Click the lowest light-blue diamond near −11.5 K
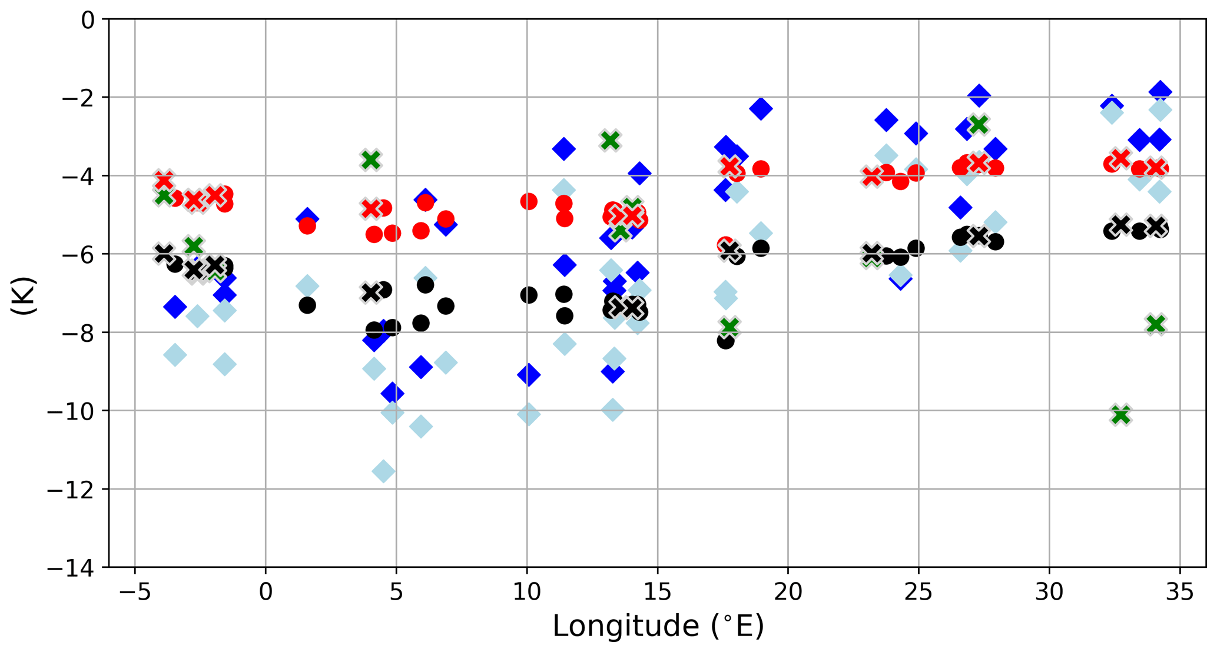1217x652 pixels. pyautogui.click(x=384, y=471)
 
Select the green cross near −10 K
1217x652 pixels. pyautogui.click(x=1121, y=415)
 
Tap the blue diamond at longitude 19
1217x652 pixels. pyautogui.click(x=761, y=108)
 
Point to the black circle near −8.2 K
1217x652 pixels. pyautogui.click(x=725, y=340)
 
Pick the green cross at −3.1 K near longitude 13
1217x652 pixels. pyautogui.click(x=611, y=140)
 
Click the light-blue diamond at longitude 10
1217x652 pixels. pyautogui.click(x=528, y=414)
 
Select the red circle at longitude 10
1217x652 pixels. pyautogui.click(x=529, y=202)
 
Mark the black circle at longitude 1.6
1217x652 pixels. pyautogui.click(x=307, y=305)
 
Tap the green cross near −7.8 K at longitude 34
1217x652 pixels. pyautogui.click(x=1156, y=324)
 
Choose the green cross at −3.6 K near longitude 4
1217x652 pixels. pyautogui.click(x=371, y=159)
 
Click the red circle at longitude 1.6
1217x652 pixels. pyautogui.click(x=307, y=225)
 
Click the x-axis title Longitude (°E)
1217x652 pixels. pyautogui.click(x=658, y=626)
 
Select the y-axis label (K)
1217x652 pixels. pyautogui.click(x=24, y=295)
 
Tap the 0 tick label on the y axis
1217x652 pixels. pyautogui.click(x=88, y=20)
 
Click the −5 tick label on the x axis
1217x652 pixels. pyautogui.click(x=135, y=592)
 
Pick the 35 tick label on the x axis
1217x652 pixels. pyautogui.click(x=1179, y=592)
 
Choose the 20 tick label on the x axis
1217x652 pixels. pyautogui.click(x=788, y=592)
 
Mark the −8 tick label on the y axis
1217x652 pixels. pyautogui.click(x=78, y=333)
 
